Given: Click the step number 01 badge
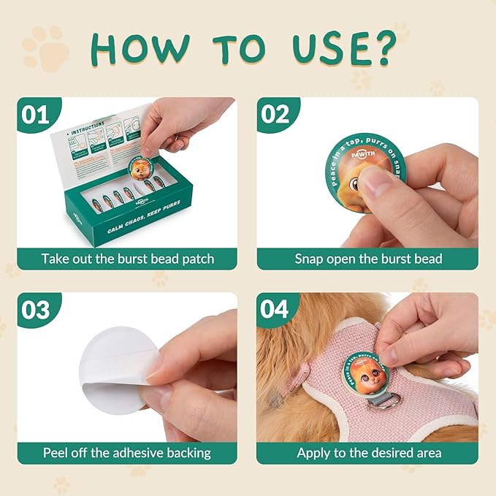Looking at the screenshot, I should [x=36, y=115].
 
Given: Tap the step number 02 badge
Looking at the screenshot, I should [x=275, y=115].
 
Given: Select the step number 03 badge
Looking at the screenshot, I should [x=36, y=310].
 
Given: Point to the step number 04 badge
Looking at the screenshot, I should [x=275, y=310].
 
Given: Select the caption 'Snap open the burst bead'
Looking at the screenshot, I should [x=368, y=259].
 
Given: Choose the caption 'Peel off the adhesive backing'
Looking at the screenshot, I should [x=127, y=453].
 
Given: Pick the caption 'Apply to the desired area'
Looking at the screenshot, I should [x=368, y=453].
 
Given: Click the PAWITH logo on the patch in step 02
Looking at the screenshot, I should [x=357, y=156].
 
